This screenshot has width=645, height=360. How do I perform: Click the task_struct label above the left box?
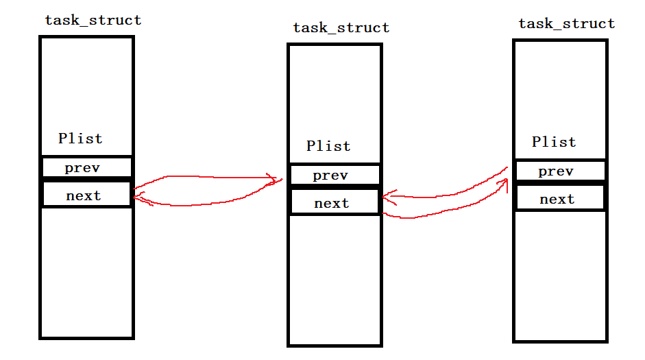[93, 20]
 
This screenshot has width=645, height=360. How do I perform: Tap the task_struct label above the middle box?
[341, 28]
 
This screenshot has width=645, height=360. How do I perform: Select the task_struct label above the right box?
[566, 24]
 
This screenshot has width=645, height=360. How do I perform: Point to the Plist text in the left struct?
[80, 139]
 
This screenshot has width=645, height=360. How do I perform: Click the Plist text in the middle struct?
[328, 146]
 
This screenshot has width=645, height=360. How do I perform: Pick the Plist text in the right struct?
[554, 142]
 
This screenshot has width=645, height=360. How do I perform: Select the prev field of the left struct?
[83, 167]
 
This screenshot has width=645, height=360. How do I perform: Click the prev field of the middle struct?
[330, 176]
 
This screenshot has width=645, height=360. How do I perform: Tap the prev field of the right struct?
[556, 171]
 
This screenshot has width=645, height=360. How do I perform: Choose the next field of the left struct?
[84, 196]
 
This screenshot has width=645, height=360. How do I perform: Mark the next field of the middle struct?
[332, 204]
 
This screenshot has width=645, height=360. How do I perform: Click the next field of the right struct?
[557, 200]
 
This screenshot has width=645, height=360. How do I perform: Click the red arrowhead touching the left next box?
[137, 197]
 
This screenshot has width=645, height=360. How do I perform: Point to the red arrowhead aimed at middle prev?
[277, 181]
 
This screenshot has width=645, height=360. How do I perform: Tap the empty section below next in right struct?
[560, 274]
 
